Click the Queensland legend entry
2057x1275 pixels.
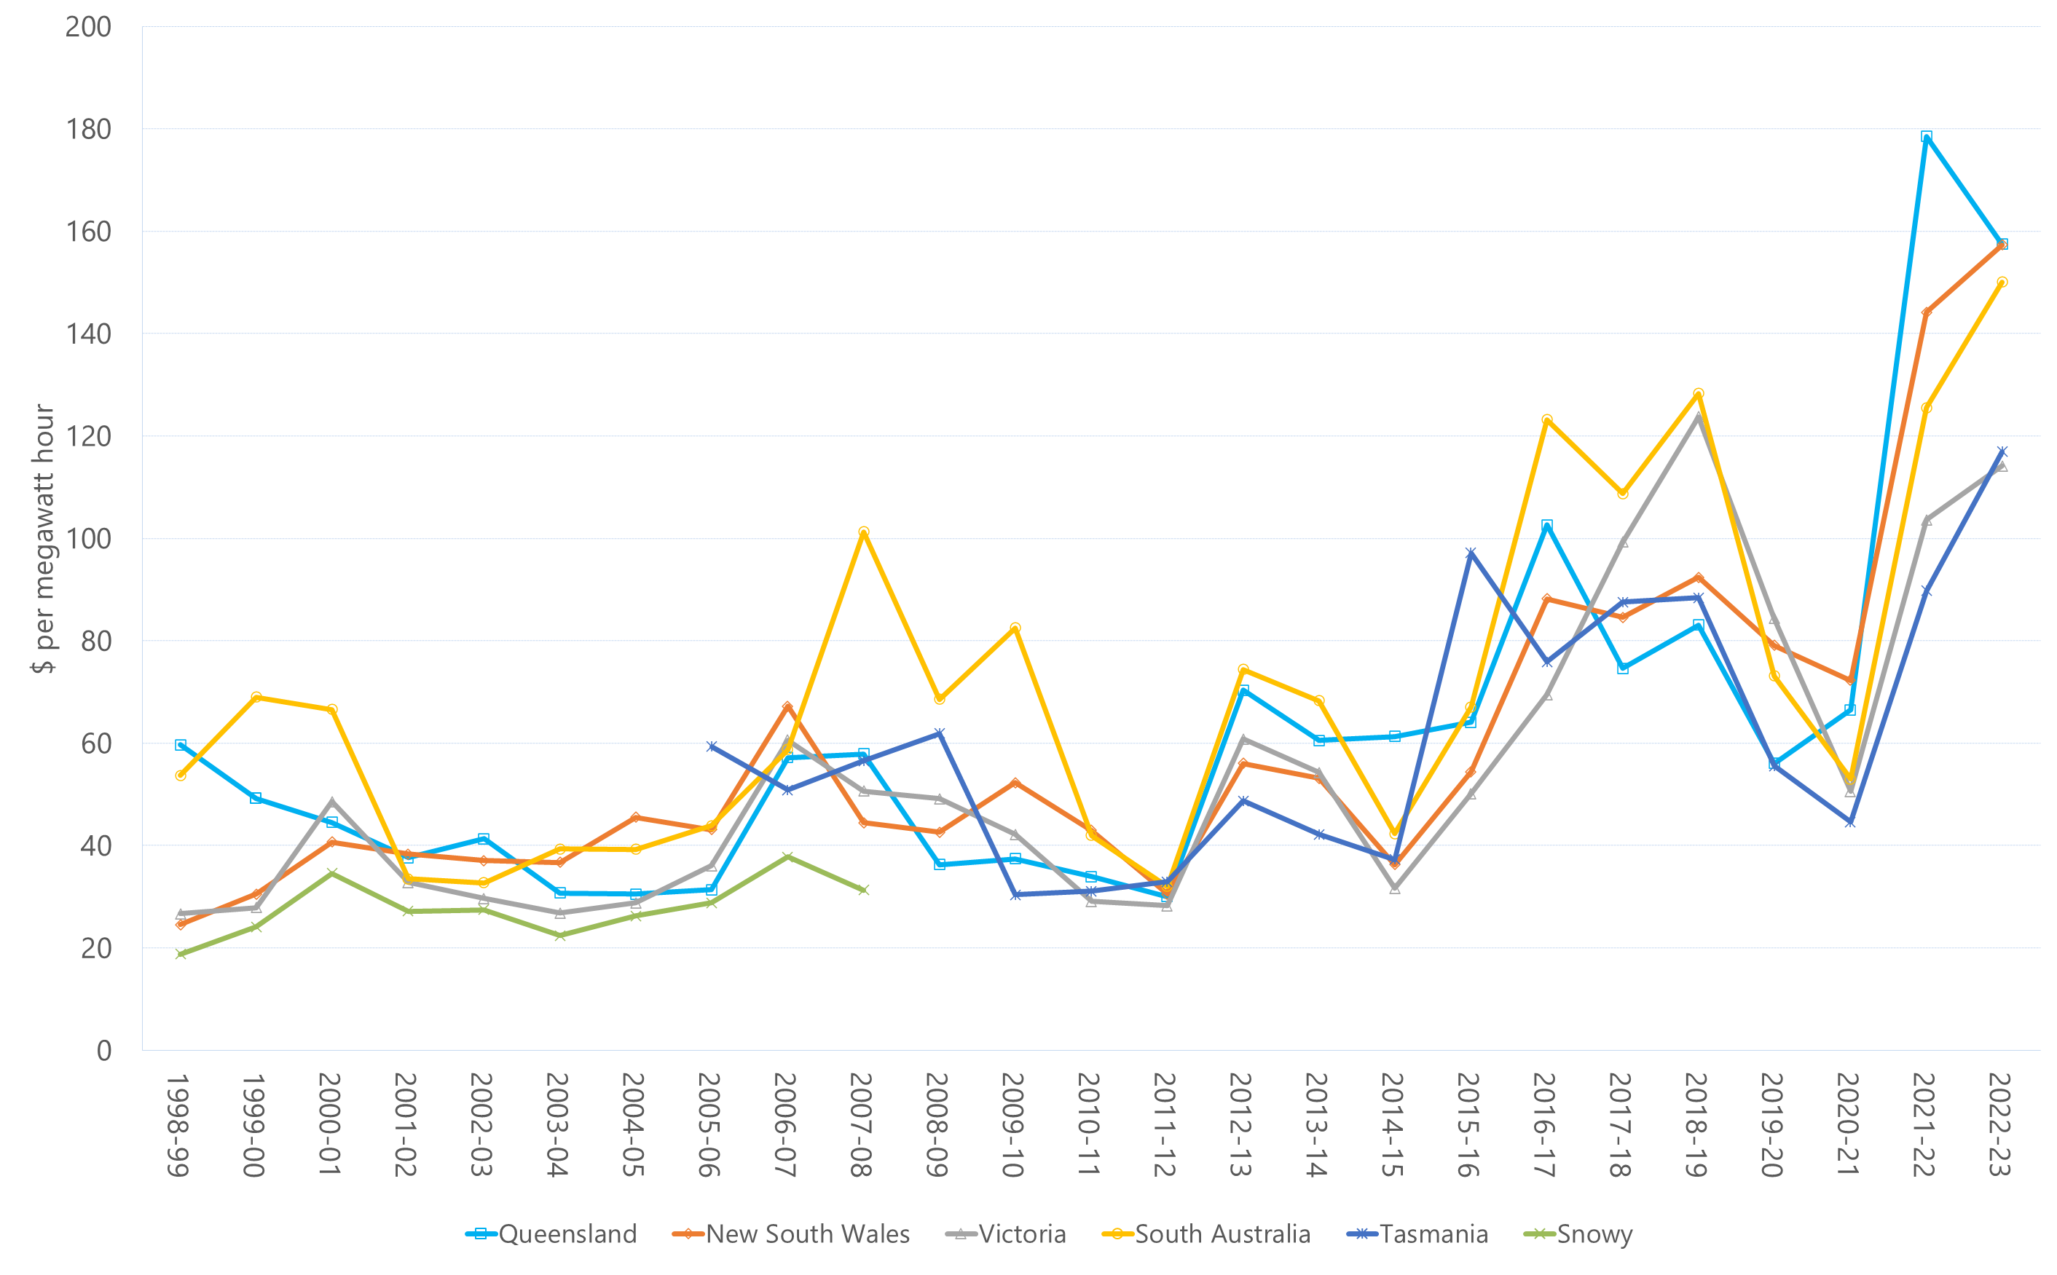[x=551, y=1233]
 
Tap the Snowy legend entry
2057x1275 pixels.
[x=1578, y=1233]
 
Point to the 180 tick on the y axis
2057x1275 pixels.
[x=89, y=129]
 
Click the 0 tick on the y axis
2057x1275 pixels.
[x=103, y=1051]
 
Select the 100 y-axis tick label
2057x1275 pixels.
[x=89, y=539]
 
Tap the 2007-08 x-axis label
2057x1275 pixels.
[x=860, y=1124]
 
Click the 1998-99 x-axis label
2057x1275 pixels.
[x=177, y=1124]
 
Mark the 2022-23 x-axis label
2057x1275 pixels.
[x=2000, y=1124]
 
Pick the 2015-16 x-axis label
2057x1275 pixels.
[x=1468, y=1124]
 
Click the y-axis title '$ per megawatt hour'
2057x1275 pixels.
[x=43, y=538]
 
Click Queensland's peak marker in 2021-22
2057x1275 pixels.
[x=1927, y=137]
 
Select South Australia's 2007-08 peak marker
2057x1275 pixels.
[x=864, y=532]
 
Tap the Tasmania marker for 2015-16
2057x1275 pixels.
[x=1471, y=553]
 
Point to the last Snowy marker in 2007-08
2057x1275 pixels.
[x=864, y=890]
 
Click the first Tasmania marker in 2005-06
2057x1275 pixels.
[x=712, y=746]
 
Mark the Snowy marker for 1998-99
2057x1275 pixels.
[x=181, y=954]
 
